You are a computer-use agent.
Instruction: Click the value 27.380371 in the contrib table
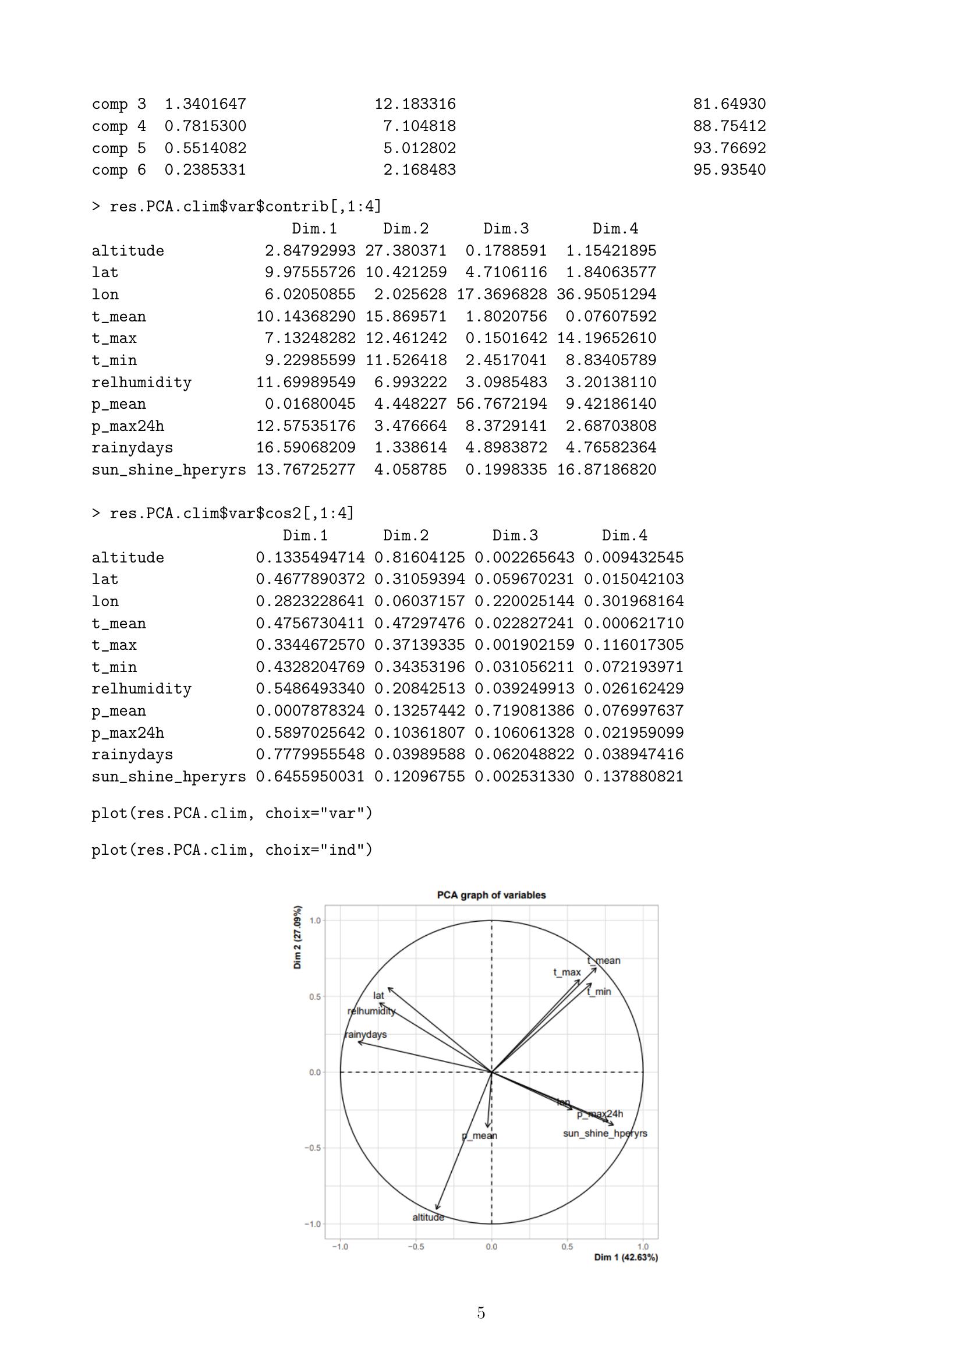click(x=406, y=250)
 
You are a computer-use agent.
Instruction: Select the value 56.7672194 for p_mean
click(x=502, y=404)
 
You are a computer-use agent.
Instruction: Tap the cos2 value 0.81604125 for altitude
click(x=419, y=558)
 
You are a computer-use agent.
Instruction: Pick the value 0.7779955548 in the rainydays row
click(x=310, y=755)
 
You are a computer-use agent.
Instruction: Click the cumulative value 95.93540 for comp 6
click(x=730, y=169)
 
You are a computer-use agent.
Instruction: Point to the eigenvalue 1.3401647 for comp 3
click(x=205, y=104)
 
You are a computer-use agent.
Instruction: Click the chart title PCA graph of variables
click(x=491, y=895)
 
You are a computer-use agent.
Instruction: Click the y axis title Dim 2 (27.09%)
click(x=297, y=938)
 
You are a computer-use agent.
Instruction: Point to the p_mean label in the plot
click(x=479, y=1135)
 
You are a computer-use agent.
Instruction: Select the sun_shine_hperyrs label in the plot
click(x=605, y=1133)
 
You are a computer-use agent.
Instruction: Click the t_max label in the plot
click(x=567, y=972)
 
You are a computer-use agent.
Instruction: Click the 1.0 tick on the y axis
click(x=315, y=921)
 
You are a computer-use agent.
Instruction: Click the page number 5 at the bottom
click(x=481, y=1313)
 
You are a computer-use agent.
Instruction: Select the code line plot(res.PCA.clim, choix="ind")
click(x=232, y=850)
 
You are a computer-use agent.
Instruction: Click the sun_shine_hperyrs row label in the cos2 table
click(x=168, y=777)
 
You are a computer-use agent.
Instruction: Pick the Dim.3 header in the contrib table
click(x=506, y=228)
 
